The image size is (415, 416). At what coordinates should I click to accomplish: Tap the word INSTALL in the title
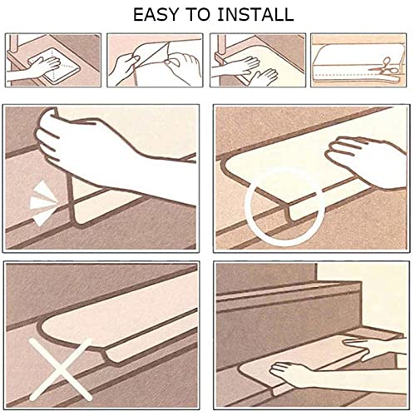pos(255,15)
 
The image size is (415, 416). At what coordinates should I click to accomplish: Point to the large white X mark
pos(61,369)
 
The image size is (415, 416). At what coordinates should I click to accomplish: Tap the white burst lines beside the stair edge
pos(42,202)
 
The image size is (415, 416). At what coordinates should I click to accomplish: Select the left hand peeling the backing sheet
pos(123,67)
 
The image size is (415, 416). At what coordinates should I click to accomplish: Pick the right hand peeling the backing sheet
pos(180,67)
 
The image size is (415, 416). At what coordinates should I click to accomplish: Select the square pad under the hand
pos(54,65)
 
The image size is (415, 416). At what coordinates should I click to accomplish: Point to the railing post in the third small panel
pos(221,46)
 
